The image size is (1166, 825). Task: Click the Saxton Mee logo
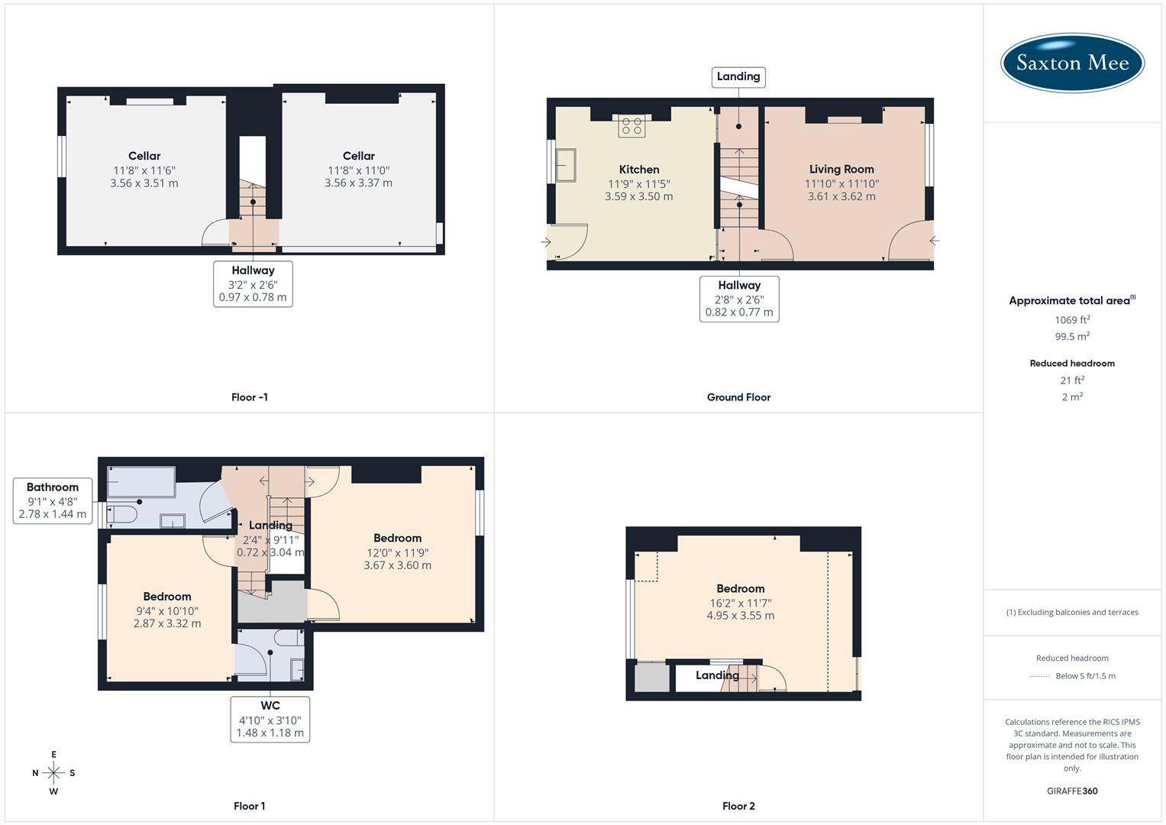coord(1072,63)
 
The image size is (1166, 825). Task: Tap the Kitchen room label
coord(639,170)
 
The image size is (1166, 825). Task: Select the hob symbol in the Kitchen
coord(631,127)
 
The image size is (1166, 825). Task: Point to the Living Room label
coord(841,170)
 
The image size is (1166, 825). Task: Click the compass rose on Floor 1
coord(53,773)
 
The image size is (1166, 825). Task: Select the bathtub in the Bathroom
coord(141,482)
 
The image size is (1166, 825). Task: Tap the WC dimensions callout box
coord(270,720)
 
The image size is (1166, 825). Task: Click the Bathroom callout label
coord(53,500)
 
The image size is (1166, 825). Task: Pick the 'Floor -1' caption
coord(250,397)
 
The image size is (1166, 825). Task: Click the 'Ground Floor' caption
coord(738,397)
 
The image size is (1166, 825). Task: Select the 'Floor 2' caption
coord(738,806)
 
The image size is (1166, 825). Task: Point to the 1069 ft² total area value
coord(1072,320)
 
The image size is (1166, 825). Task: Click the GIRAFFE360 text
coord(1072,791)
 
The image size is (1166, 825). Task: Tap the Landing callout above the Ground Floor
coord(738,76)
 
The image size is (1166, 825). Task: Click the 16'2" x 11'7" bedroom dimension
coord(741,603)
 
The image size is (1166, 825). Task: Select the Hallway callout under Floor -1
coord(253,283)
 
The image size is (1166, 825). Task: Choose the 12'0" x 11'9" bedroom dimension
coord(397,552)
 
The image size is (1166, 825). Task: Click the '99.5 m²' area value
coord(1072,337)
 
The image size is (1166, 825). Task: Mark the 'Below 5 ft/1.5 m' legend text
coord(1085,676)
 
